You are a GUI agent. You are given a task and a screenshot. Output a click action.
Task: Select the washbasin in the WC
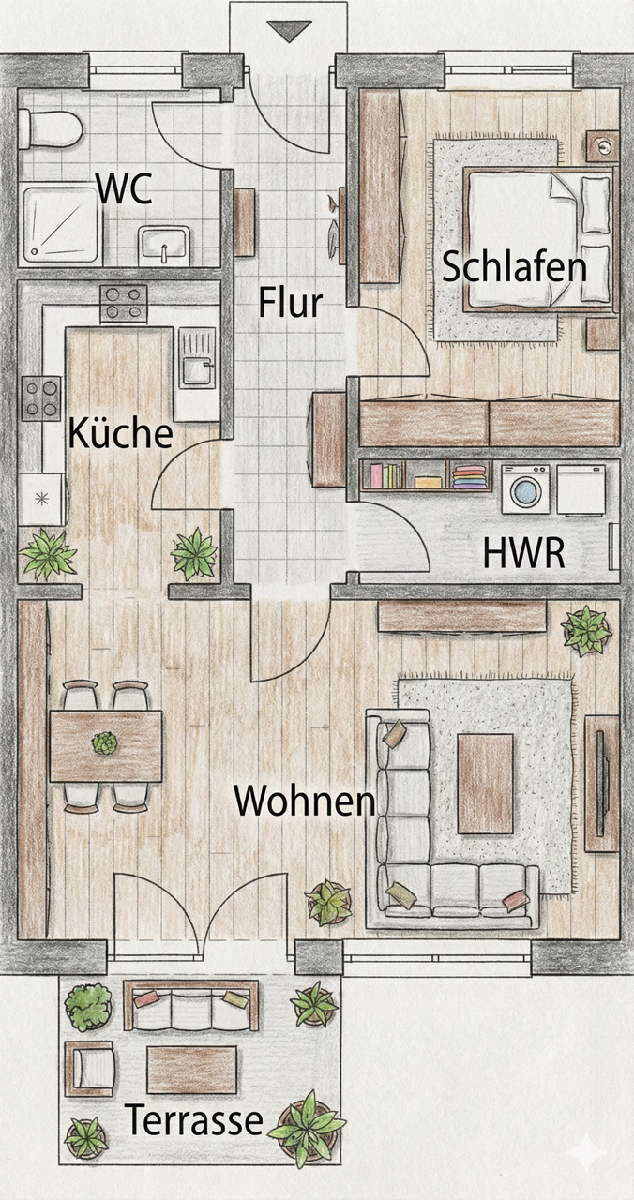164,246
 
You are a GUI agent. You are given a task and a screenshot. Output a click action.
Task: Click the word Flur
291,303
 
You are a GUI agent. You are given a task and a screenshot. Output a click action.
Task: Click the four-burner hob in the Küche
125,304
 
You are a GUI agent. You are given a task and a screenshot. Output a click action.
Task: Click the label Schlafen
514,267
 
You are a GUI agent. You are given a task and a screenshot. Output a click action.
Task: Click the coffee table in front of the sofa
486,784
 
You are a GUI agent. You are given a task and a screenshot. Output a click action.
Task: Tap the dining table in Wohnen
105,745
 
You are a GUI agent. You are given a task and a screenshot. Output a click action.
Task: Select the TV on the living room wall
601,784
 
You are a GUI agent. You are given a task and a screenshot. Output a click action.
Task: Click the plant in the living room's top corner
587,629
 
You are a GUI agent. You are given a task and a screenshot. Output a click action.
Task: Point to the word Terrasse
194,1119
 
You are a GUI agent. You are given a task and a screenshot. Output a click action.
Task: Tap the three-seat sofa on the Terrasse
192,1007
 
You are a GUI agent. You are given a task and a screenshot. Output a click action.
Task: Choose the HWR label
523,553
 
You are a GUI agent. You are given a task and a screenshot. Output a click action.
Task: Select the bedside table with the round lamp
601,146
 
